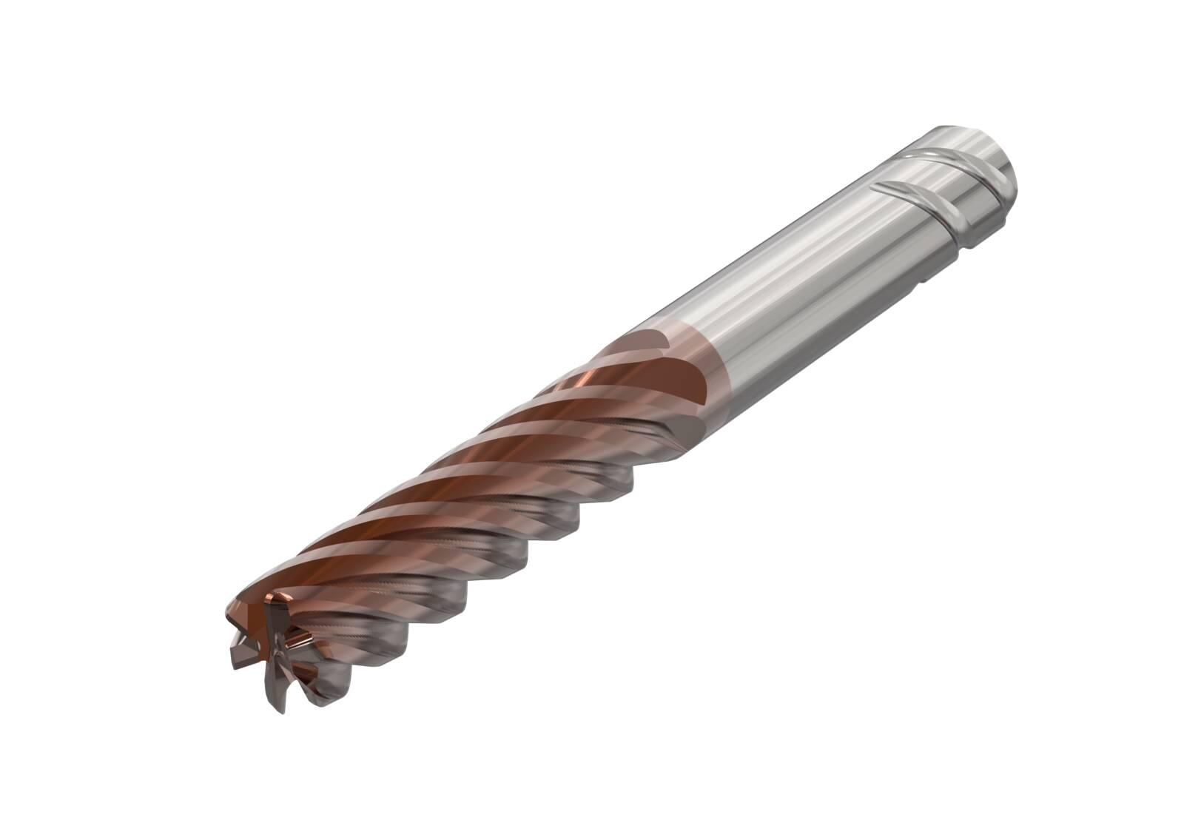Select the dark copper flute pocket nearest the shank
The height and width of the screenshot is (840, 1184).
click(x=681, y=385)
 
